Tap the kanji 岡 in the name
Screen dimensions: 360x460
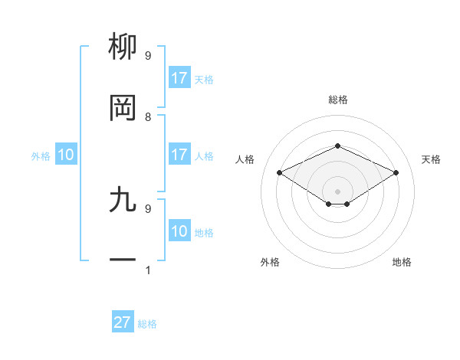point(123,108)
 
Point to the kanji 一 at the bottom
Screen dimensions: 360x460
point(123,260)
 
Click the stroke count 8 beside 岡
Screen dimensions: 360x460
point(148,116)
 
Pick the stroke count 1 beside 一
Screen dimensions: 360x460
point(148,270)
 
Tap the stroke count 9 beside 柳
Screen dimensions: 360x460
point(148,55)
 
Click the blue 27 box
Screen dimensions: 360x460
point(123,322)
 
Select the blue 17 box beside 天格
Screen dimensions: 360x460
point(179,78)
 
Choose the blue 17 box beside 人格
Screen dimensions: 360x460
point(179,155)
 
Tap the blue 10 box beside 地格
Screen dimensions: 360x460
point(179,231)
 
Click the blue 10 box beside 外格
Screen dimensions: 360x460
point(66,155)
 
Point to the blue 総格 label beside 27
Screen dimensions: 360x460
point(147,324)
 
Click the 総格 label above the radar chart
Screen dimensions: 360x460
point(337,100)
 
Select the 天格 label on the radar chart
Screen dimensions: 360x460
point(431,159)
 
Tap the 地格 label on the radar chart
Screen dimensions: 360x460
point(402,262)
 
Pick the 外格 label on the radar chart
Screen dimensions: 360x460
point(270,262)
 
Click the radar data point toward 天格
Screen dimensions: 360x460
point(396,173)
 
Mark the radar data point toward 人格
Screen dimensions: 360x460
point(280,173)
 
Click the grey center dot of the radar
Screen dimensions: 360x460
point(337,191)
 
